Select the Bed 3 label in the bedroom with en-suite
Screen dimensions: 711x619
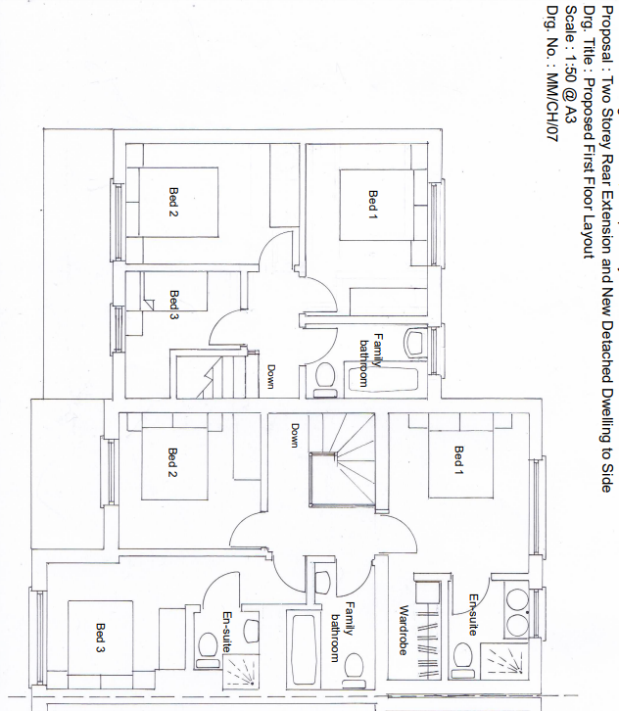(x=100, y=639)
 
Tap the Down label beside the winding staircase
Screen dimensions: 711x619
(x=294, y=435)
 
